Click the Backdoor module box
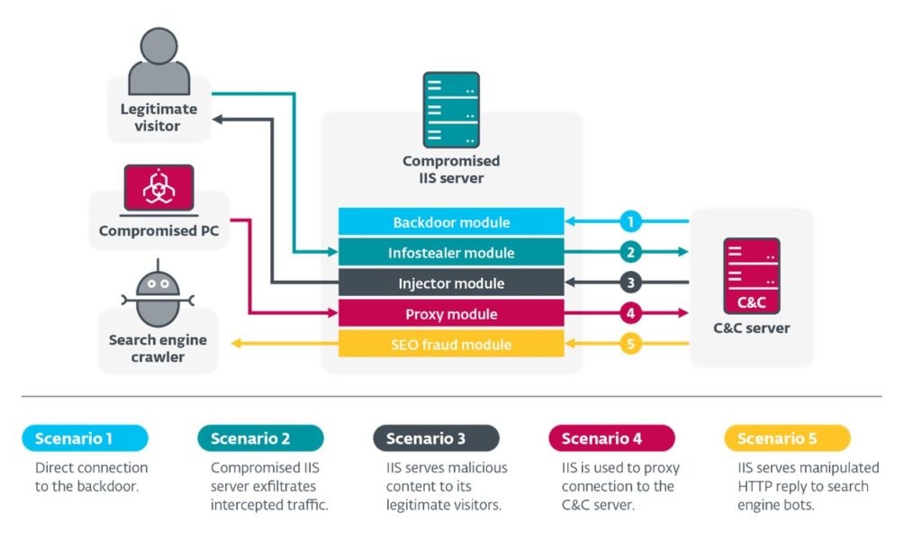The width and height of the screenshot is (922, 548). [x=451, y=222]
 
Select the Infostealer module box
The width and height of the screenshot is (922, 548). [x=451, y=253]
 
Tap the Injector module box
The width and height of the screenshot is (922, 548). [x=451, y=283]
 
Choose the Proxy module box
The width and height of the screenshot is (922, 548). [x=451, y=314]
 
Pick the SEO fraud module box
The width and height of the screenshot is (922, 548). [x=451, y=345]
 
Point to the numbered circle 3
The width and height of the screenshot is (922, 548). [x=631, y=283]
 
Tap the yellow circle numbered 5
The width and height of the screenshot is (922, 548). [x=631, y=345]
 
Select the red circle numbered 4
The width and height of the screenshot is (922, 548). [x=631, y=314]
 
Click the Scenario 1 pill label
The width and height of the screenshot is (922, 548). [x=85, y=438]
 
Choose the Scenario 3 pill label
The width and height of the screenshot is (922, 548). [x=436, y=438]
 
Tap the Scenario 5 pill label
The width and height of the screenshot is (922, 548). [x=787, y=438]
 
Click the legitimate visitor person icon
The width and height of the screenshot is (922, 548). [x=158, y=62]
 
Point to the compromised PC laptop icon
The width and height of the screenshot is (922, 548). [x=158, y=190]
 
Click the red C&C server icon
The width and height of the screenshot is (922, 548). [x=751, y=275]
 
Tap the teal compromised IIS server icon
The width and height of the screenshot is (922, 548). [x=450, y=109]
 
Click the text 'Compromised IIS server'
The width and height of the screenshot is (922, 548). [x=451, y=169]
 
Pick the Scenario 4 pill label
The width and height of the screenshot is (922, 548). [x=611, y=438]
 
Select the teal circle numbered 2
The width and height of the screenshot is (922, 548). [x=631, y=253]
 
